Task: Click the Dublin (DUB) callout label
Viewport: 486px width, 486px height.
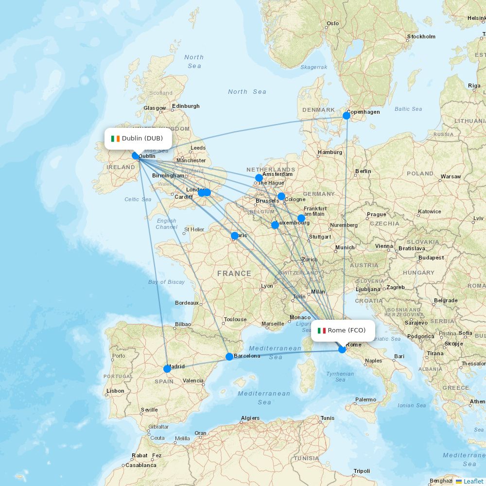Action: [x=138, y=139]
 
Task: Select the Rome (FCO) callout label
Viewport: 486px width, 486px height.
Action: [x=343, y=330]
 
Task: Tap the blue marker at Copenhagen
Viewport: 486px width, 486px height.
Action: [x=346, y=116]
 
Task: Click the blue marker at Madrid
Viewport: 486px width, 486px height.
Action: [x=167, y=369]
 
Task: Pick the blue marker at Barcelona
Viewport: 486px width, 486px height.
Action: [x=229, y=357]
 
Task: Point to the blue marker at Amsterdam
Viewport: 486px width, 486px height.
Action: [x=259, y=178]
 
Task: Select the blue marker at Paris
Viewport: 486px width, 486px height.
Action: [x=235, y=236]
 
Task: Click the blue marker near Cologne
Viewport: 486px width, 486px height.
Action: [x=281, y=196]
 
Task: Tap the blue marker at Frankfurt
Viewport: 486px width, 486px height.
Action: [x=301, y=218]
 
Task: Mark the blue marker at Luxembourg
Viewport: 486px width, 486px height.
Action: [x=275, y=225]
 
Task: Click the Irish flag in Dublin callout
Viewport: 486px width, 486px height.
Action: [x=115, y=139]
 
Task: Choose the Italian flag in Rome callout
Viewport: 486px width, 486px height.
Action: [x=321, y=330]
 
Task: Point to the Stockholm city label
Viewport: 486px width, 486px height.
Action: [x=421, y=36]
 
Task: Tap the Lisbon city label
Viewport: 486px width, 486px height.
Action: [x=115, y=391]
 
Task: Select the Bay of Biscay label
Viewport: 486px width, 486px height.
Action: [x=166, y=282]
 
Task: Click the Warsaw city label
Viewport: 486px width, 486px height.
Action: [x=451, y=176]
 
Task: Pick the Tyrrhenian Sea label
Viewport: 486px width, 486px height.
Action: [x=340, y=377]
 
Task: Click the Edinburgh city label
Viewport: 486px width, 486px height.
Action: [x=186, y=106]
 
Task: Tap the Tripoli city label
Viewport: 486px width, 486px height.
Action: [x=362, y=471]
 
